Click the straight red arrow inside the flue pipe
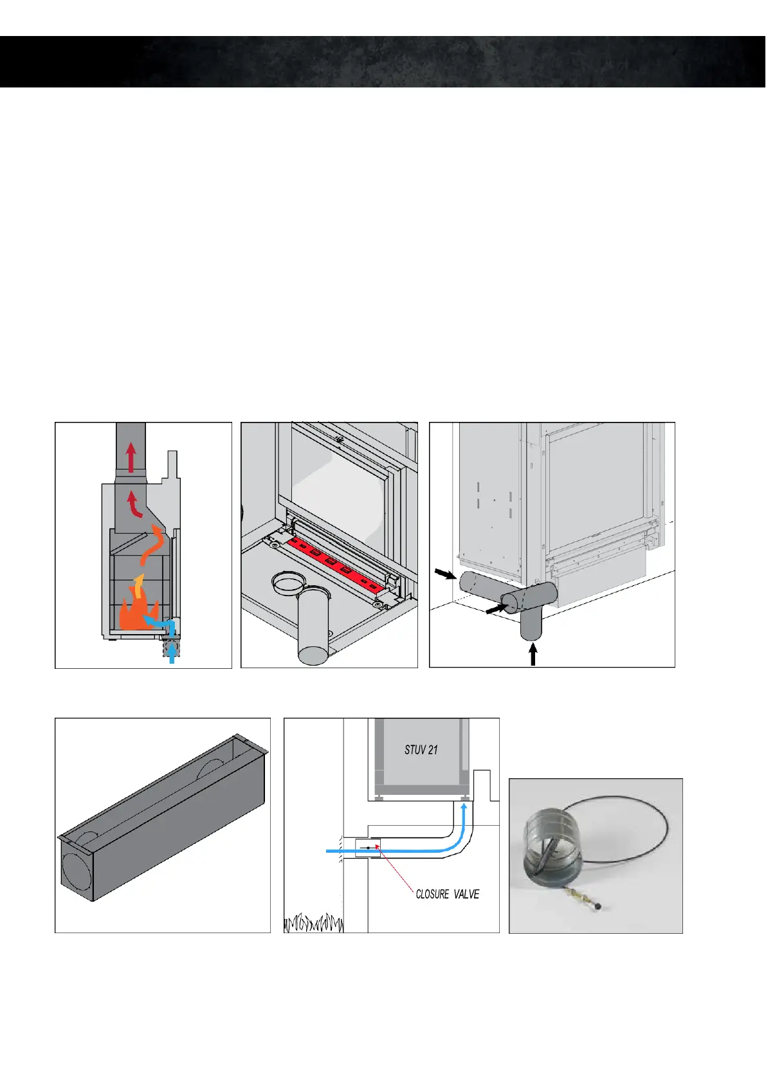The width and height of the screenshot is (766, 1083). click(131, 458)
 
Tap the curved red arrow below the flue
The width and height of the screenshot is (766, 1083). click(135, 505)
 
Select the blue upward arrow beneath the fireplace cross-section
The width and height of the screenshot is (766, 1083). click(172, 653)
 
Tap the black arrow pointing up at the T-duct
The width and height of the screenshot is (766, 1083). click(533, 655)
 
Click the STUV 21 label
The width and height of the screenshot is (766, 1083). click(421, 750)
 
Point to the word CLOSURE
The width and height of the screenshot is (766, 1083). click(432, 895)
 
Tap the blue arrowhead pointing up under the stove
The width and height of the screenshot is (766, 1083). click(464, 806)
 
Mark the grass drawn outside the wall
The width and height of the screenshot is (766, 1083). click(313, 924)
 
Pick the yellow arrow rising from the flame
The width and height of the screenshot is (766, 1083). click(137, 587)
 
